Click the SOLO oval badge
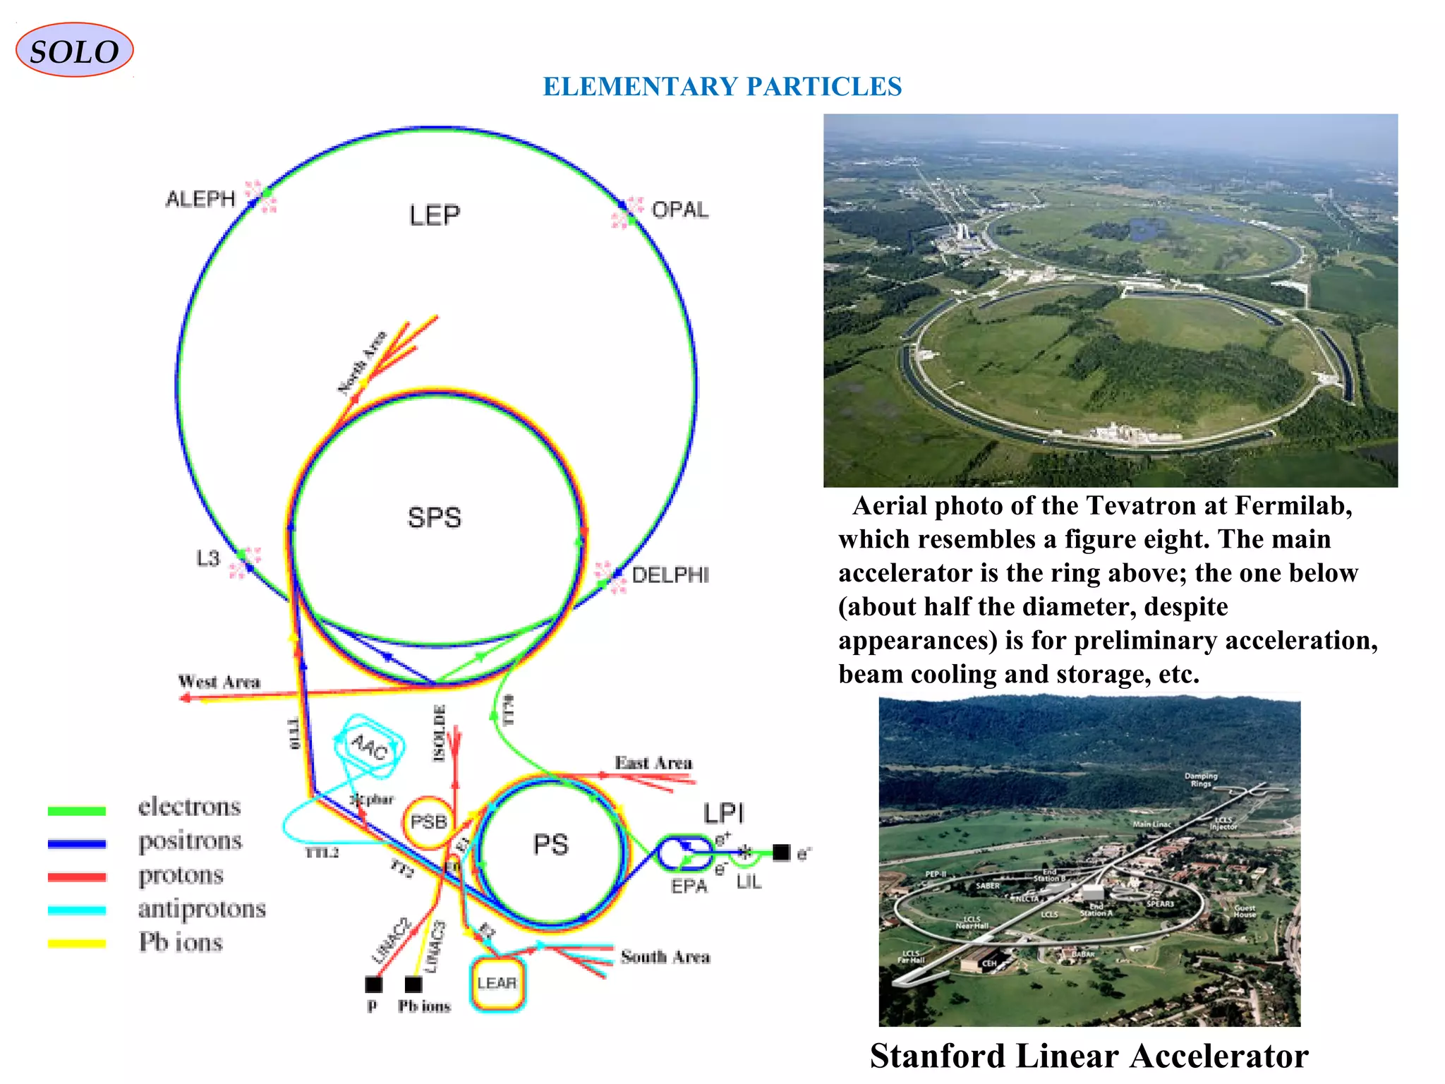(x=74, y=50)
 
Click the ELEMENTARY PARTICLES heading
(x=722, y=87)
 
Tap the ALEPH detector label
(x=200, y=199)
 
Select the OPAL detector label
(x=679, y=210)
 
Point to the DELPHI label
(x=670, y=575)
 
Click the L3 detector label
(x=208, y=559)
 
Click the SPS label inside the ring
(x=435, y=518)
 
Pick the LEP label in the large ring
(x=435, y=215)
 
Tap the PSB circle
(x=428, y=822)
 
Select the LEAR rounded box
(x=497, y=983)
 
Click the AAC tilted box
(x=370, y=747)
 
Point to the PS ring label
(x=551, y=845)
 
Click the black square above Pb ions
(x=413, y=984)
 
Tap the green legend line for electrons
(x=77, y=811)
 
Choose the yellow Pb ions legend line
(x=77, y=944)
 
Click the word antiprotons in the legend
(x=202, y=909)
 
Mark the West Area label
(x=219, y=682)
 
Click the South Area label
(x=665, y=957)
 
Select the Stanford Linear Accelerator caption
(x=1089, y=1056)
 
